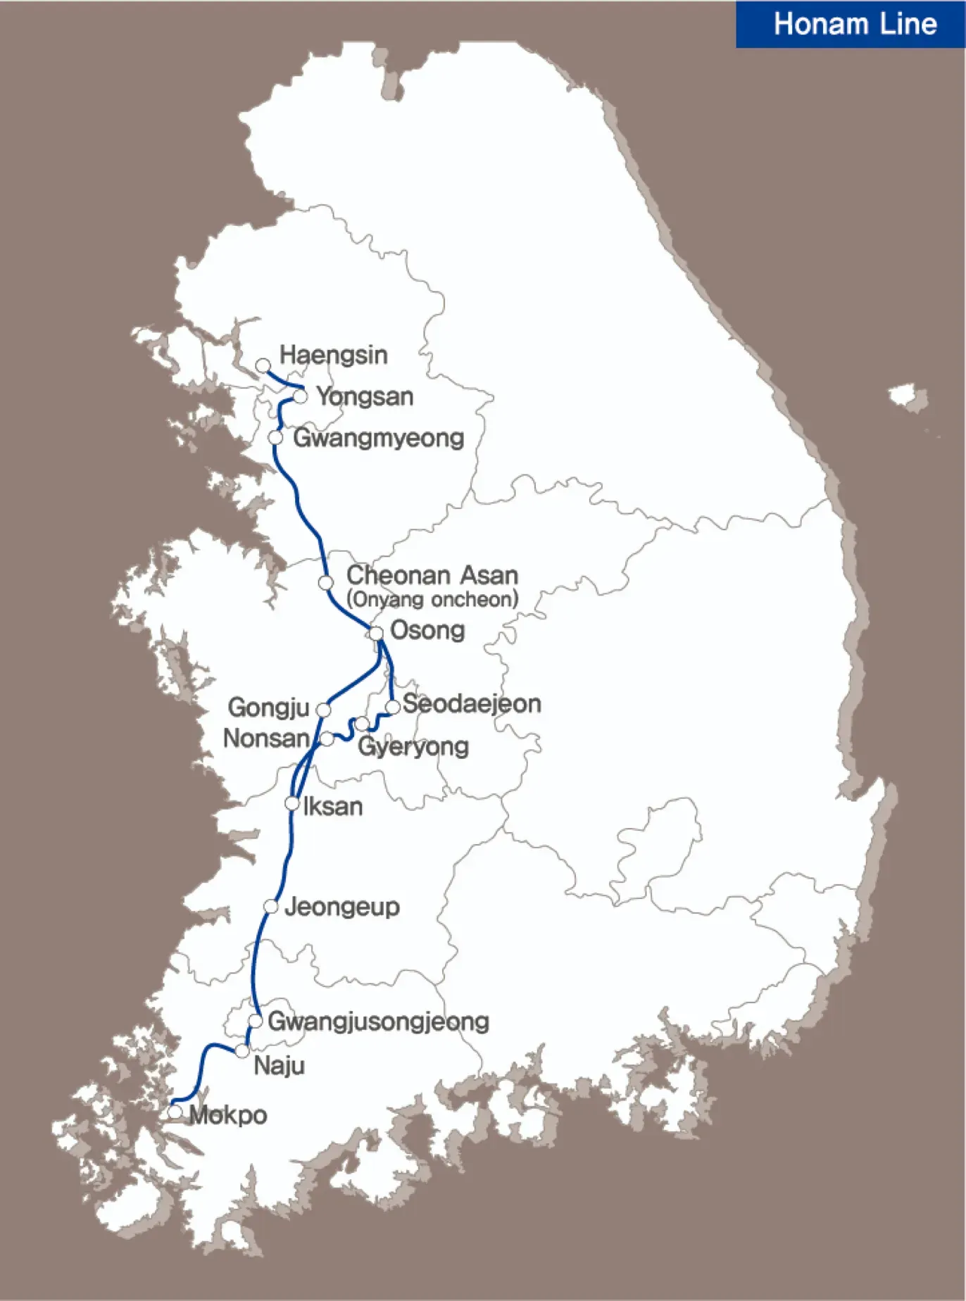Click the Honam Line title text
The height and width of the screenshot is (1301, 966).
(x=855, y=25)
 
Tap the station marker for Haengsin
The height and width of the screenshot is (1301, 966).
(x=263, y=365)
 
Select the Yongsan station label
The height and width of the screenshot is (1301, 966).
(x=365, y=396)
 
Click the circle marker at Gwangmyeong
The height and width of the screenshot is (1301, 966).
(x=276, y=438)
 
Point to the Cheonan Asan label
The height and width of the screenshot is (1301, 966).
(x=432, y=575)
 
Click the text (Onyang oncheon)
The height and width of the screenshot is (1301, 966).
(x=432, y=600)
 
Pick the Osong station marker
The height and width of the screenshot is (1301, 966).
(x=377, y=633)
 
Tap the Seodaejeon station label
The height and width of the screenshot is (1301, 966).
(x=472, y=703)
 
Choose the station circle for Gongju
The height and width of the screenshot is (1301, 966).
(x=323, y=710)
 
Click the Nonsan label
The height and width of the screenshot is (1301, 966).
(x=266, y=739)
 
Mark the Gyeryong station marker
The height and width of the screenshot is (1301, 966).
(x=361, y=724)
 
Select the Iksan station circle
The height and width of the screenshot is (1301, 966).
(x=292, y=803)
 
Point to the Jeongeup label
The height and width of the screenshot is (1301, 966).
(x=342, y=907)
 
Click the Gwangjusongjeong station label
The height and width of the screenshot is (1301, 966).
(x=378, y=1022)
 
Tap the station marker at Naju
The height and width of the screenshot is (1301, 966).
(x=242, y=1051)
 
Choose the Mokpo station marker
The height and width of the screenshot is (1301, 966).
(x=175, y=1112)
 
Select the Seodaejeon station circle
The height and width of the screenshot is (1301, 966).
(x=393, y=706)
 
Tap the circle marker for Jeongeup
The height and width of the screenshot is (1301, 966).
(x=271, y=907)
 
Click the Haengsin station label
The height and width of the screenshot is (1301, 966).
(x=333, y=355)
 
